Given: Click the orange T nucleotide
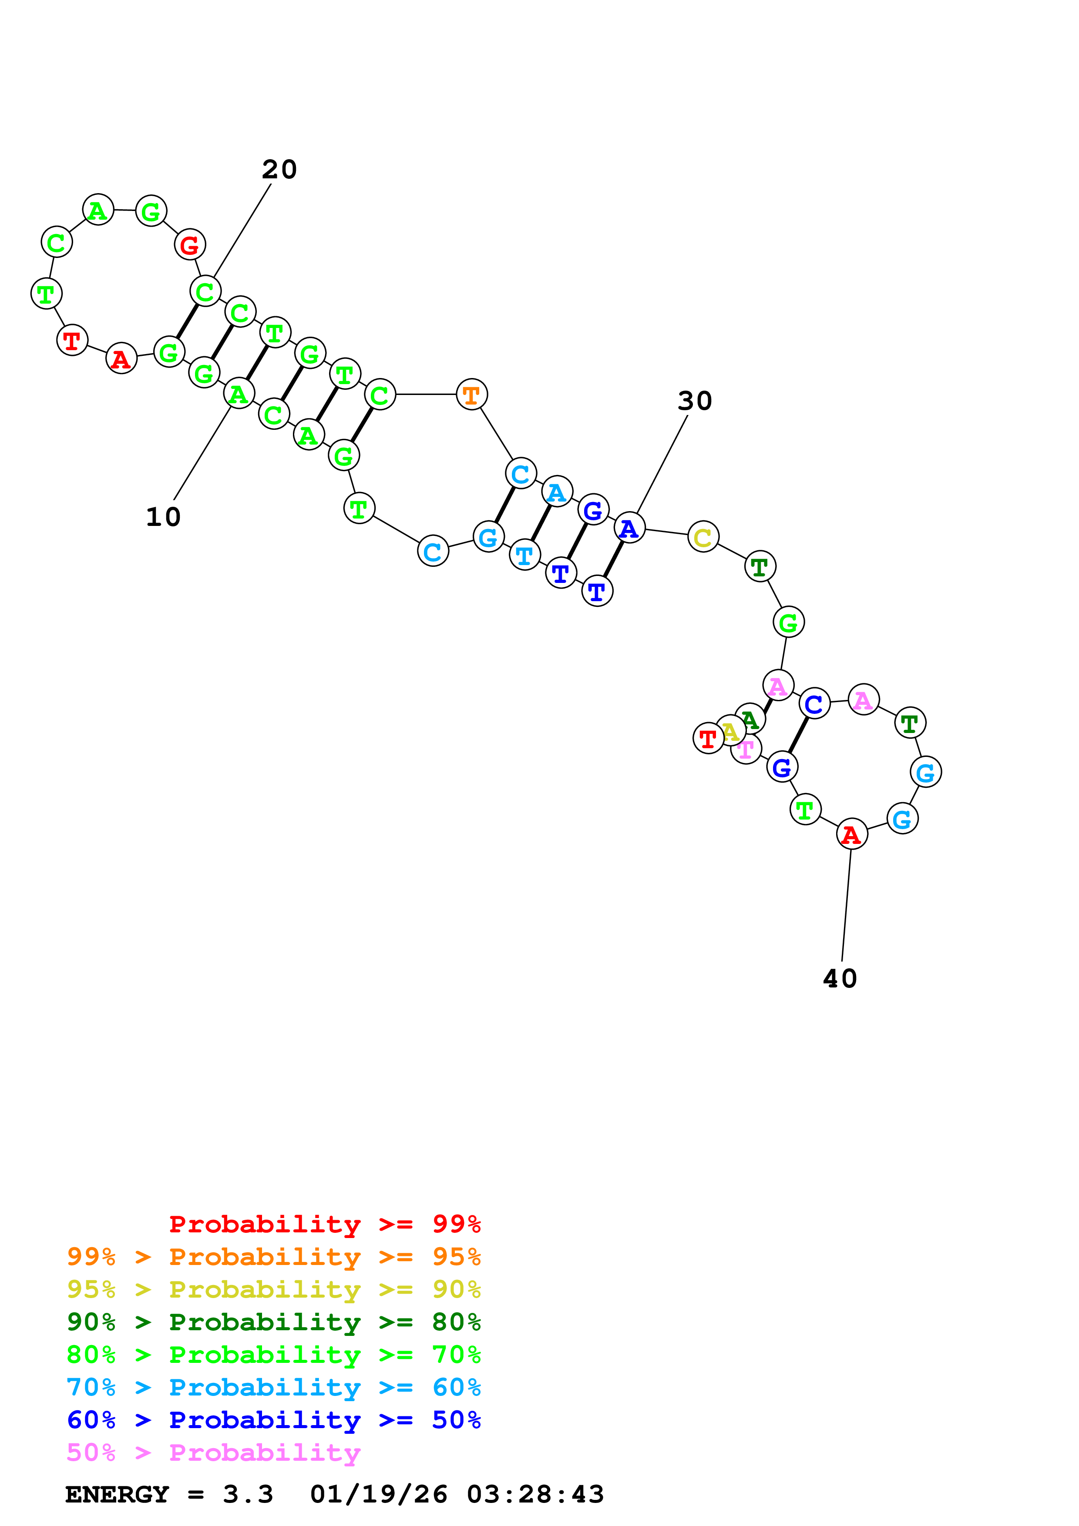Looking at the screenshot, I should (471, 395).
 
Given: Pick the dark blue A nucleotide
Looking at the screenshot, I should (629, 529).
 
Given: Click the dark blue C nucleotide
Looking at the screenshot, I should (814, 704).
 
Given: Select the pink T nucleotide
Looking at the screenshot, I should (746, 750).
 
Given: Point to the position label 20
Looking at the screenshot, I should (279, 170).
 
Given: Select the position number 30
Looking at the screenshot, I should (695, 401).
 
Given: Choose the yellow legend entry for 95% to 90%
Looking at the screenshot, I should (273, 1289).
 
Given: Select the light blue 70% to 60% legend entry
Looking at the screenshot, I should (273, 1387).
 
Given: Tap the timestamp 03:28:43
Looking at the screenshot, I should (535, 1495).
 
